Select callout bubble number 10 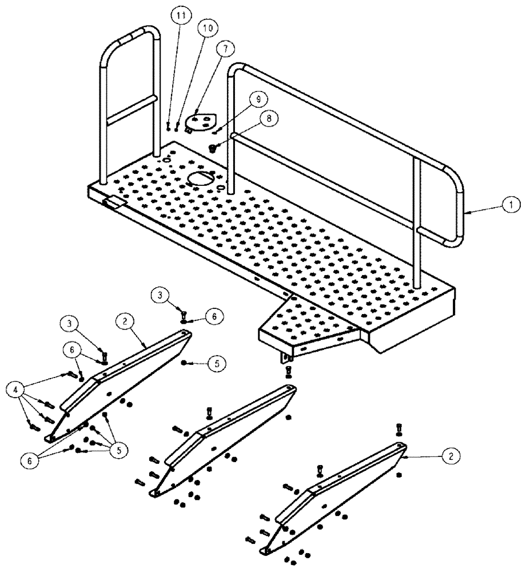point(207,27)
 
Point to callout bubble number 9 point(258,100)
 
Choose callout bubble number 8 point(266,118)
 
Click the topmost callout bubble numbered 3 point(161,295)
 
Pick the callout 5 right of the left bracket point(216,363)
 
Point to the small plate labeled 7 point(202,122)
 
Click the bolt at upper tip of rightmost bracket point(399,428)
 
